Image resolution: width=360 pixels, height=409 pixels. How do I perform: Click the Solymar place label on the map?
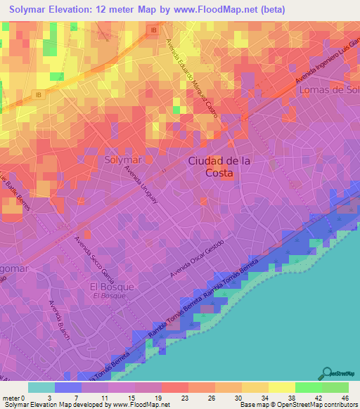coord(123,160)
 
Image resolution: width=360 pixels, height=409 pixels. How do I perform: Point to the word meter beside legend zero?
coord(12,396)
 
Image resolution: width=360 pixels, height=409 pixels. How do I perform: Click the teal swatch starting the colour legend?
coord(41,387)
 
